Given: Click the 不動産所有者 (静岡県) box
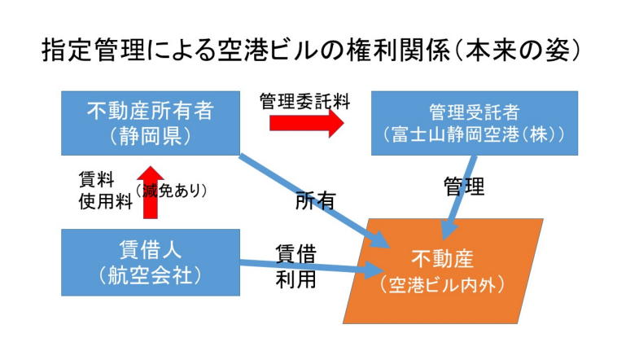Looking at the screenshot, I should [151, 122].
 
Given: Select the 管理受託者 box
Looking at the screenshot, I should [474, 122].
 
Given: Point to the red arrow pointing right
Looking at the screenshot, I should [305, 122].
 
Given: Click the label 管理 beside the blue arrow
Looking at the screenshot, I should [463, 187].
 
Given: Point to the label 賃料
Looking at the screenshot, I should [96, 180].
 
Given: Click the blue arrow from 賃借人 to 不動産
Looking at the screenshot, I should [309, 265].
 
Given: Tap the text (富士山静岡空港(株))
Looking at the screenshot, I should [474, 134].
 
